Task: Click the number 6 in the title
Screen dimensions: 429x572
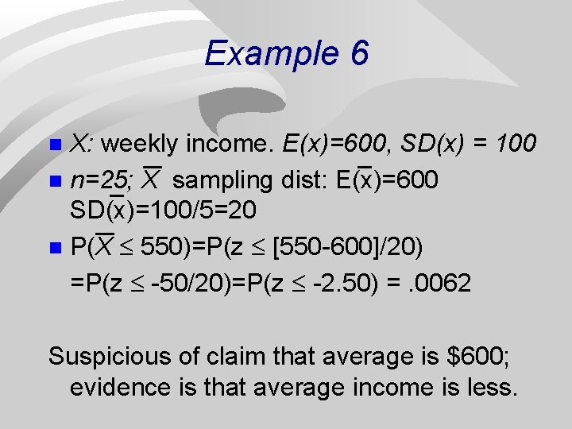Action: tap(357, 54)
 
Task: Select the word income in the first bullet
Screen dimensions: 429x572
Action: tap(230, 144)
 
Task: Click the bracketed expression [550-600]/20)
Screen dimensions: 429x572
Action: tap(347, 247)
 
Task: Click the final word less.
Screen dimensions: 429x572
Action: tap(494, 388)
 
